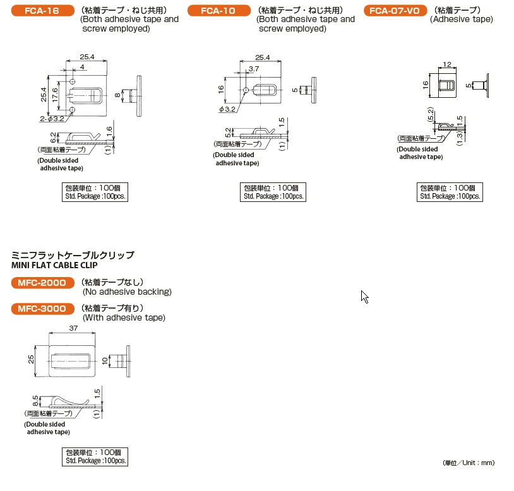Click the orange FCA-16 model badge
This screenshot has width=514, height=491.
(42, 11)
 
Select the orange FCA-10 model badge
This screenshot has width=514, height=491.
(218, 11)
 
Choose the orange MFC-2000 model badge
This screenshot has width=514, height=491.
(42, 283)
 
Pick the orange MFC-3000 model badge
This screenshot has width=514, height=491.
(42, 309)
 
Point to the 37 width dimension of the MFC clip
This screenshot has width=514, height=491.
(73, 328)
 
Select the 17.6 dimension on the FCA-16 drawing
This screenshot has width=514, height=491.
(55, 95)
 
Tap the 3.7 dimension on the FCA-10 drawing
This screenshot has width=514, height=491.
(254, 68)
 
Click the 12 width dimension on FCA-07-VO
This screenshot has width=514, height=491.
(447, 65)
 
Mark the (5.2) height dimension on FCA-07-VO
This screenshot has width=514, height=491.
(430, 115)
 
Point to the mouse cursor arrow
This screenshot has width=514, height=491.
(364, 296)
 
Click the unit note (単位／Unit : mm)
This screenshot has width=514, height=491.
(468, 463)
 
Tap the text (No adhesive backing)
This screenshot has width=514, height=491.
(127, 292)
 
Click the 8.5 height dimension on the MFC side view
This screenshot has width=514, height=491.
(35, 400)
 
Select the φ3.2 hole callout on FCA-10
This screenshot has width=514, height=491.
(227, 109)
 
